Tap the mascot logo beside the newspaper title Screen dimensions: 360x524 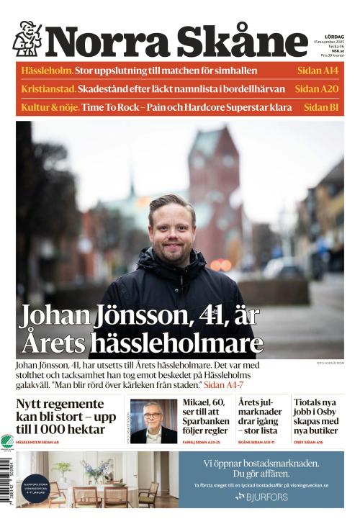27,39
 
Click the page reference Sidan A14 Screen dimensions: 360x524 318,71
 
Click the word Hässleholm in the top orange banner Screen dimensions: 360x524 48,71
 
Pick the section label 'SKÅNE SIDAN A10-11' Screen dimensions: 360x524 259,442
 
